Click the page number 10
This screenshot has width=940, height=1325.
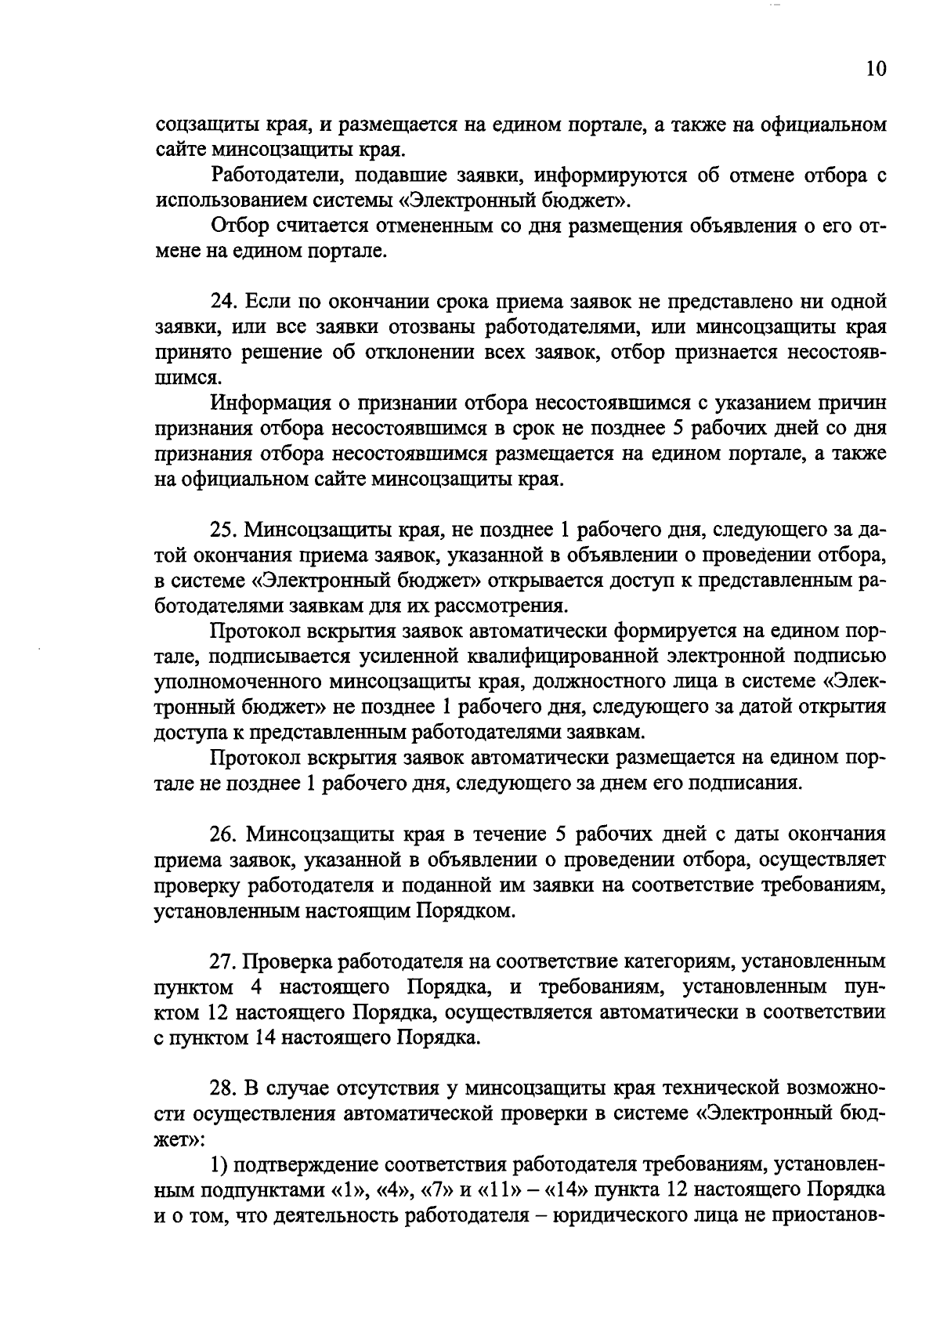pyautogui.click(x=876, y=70)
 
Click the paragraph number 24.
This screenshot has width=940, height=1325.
pyautogui.click(x=222, y=301)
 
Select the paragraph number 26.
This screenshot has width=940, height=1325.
pyautogui.click(x=222, y=834)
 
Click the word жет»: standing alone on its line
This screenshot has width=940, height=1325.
pyautogui.click(x=178, y=1139)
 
